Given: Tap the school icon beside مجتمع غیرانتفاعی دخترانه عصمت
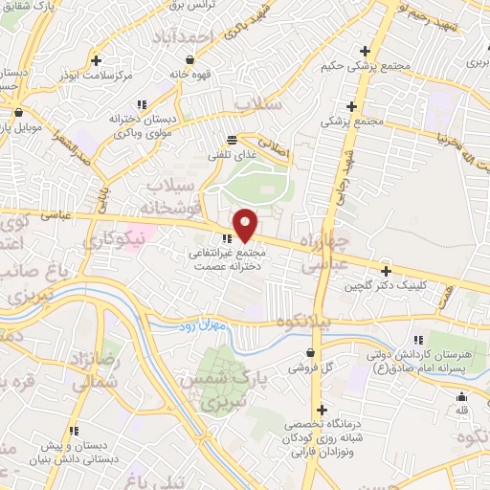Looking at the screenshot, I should click(x=227, y=239).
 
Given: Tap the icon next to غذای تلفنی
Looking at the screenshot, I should click(x=232, y=139).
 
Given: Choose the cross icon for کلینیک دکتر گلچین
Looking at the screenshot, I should click(x=386, y=272).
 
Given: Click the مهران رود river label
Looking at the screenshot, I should click(x=198, y=328).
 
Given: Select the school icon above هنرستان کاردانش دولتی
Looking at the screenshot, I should click(x=418, y=341).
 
